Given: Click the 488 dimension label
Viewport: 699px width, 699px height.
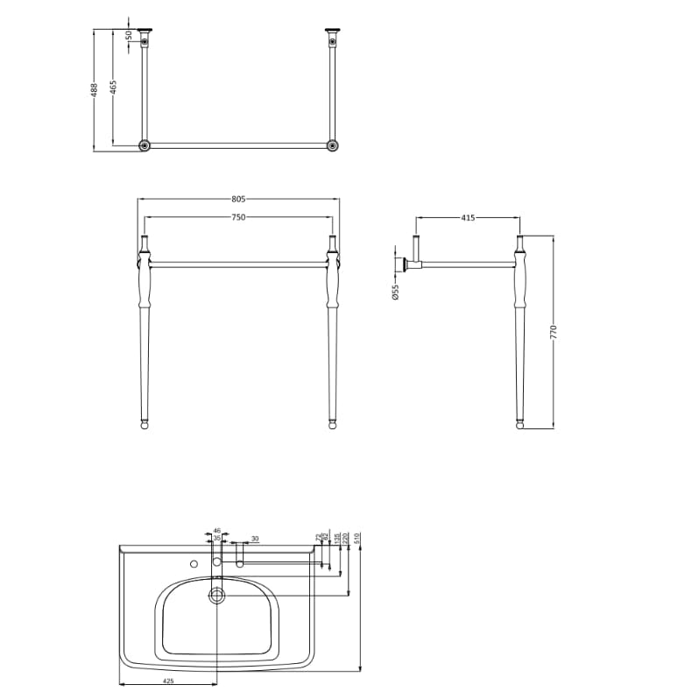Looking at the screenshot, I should click(x=95, y=88).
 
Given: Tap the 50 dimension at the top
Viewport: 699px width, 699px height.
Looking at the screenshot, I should click(x=129, y=36).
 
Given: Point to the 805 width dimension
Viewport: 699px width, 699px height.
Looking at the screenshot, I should click(x=237, y=199).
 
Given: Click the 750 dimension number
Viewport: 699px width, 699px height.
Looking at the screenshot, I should click(x=237, y=216).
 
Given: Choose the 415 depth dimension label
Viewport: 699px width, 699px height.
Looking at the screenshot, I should click(x=467, y=217).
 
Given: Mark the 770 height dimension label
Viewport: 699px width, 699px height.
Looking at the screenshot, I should click(x=554, y=332).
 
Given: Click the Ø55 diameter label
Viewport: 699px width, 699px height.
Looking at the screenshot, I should click(x=396, y=293).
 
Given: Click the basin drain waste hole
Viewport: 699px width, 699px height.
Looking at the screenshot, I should click(x=216, y=595).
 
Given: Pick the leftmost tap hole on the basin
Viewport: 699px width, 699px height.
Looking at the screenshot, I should click(x=194, y=564).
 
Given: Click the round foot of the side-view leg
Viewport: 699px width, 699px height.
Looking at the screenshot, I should click(x=521, y=426).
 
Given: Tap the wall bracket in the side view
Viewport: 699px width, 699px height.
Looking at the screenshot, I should click(x=406, y=263).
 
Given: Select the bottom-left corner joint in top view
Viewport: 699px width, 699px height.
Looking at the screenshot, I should click(x=145, y=145).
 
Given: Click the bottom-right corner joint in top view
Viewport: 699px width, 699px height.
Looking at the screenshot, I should click(x=332, y=145).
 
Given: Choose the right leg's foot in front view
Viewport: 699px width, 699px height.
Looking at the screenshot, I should click(x=332, y=426).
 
